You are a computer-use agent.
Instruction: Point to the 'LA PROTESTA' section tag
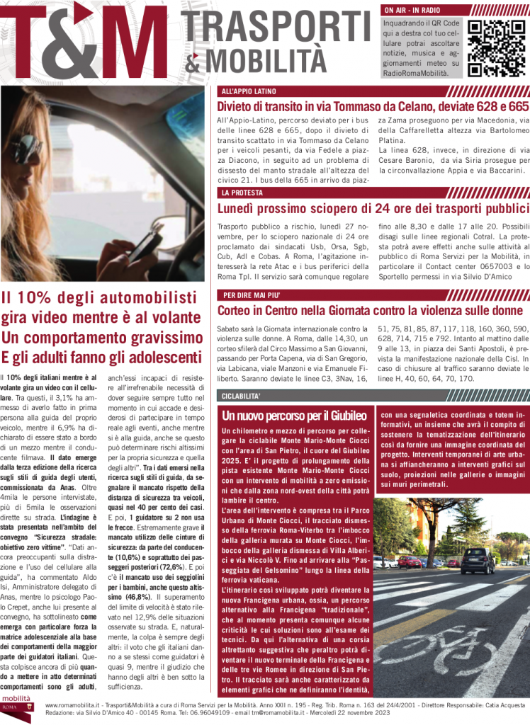[242, 193]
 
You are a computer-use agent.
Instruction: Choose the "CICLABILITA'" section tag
[242, 395]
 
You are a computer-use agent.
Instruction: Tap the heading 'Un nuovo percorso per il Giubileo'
[294, 416]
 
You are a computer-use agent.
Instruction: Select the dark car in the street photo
[478, 560]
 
